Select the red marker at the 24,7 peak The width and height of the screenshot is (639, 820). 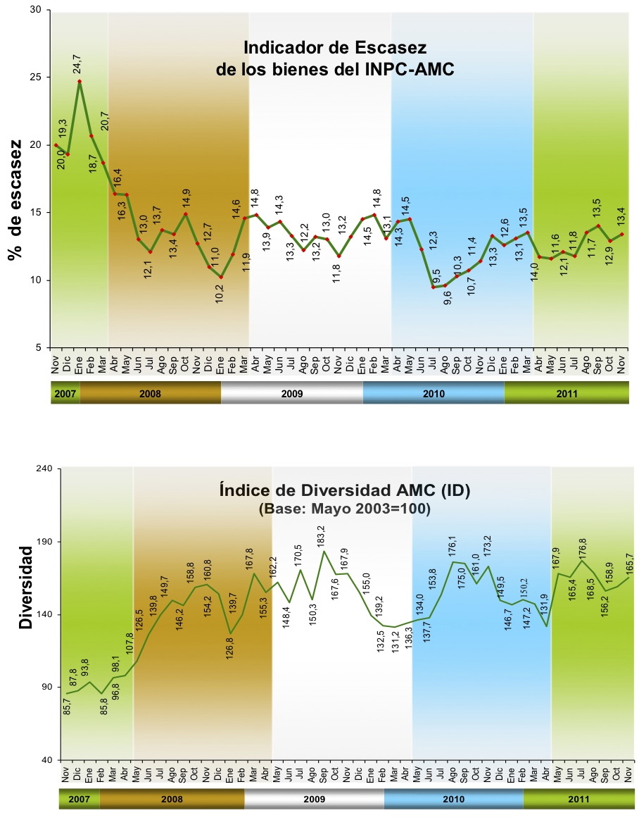point(80,81)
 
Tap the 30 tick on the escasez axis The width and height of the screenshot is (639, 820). point(37,10)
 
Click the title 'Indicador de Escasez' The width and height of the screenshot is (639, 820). point(335,48)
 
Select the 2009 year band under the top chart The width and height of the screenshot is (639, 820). point(291,393)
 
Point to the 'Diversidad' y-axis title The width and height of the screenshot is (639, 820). point(25,588)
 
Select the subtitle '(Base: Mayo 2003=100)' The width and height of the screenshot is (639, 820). point(345,509)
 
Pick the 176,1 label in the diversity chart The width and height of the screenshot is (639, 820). point(452,547)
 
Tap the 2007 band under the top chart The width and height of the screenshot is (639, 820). point(65,393)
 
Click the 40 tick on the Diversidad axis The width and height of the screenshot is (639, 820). point(47,760)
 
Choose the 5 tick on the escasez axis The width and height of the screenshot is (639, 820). point(39,348)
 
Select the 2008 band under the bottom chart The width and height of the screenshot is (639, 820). point(172,799)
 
